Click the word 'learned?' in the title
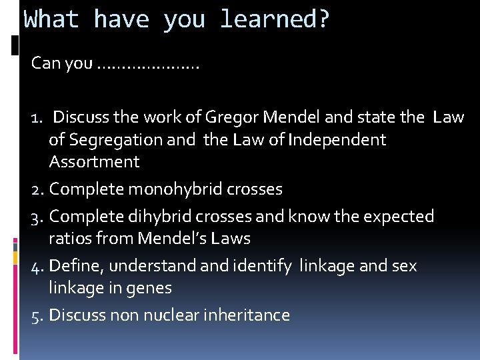tap(275, 20)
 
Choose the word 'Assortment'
tap(94, 162)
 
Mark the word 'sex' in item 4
tap(403, 266)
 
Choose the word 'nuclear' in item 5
tap(169, 315)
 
